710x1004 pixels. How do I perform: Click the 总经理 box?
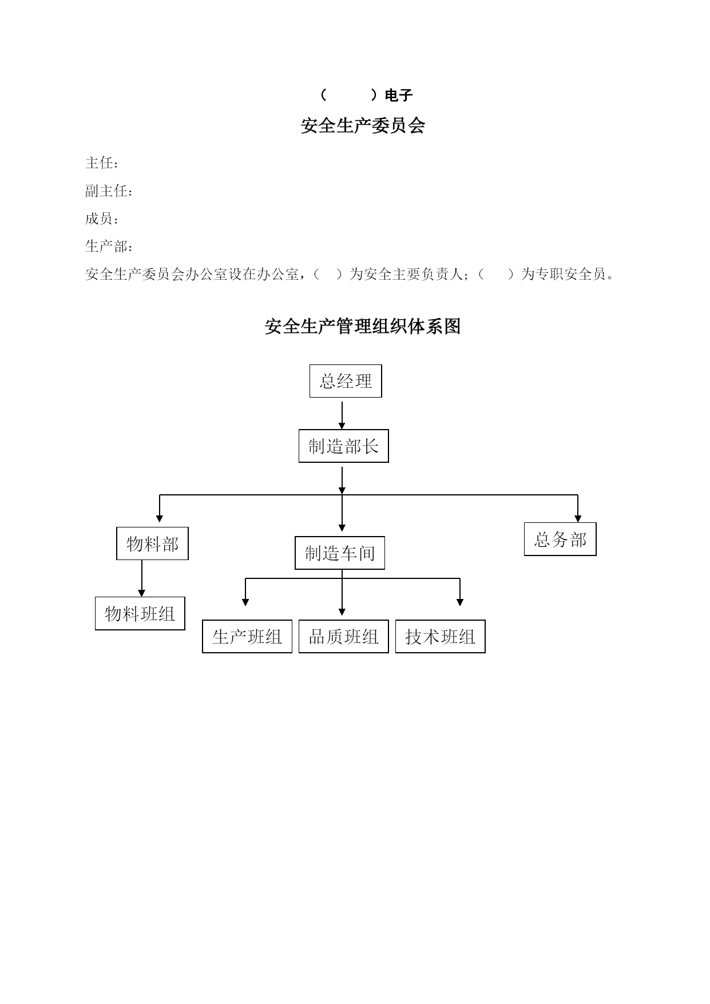coord(346,381)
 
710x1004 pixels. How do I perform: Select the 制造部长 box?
coord(343,446)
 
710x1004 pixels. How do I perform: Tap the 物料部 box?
coord(152,543)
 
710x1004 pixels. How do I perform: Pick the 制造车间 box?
coord(340,553)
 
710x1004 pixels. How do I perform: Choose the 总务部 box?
coord(560,539)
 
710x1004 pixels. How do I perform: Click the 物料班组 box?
coord(140,613)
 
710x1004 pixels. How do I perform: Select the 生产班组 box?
coord(247,636)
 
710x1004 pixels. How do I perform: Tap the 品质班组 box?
coord(343,636)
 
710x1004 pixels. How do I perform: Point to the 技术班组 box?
coord(441,636)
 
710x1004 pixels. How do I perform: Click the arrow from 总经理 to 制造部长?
coord(342,415)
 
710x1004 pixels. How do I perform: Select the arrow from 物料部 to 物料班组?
coord(142,578)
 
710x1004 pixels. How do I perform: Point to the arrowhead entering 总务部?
coord(578,518)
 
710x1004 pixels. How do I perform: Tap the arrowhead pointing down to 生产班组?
coord(245,602)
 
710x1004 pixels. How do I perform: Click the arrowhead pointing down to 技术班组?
coord(460,602)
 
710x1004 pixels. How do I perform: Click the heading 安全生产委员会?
coord(363,126)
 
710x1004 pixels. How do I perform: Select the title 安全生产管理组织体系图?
coord(363,327)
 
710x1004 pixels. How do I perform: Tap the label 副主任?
coord(106,191)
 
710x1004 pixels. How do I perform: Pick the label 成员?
coord(100,219)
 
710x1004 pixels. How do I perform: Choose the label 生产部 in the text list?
coord(106,247)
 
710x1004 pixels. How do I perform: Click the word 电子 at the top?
coord(399,96)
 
